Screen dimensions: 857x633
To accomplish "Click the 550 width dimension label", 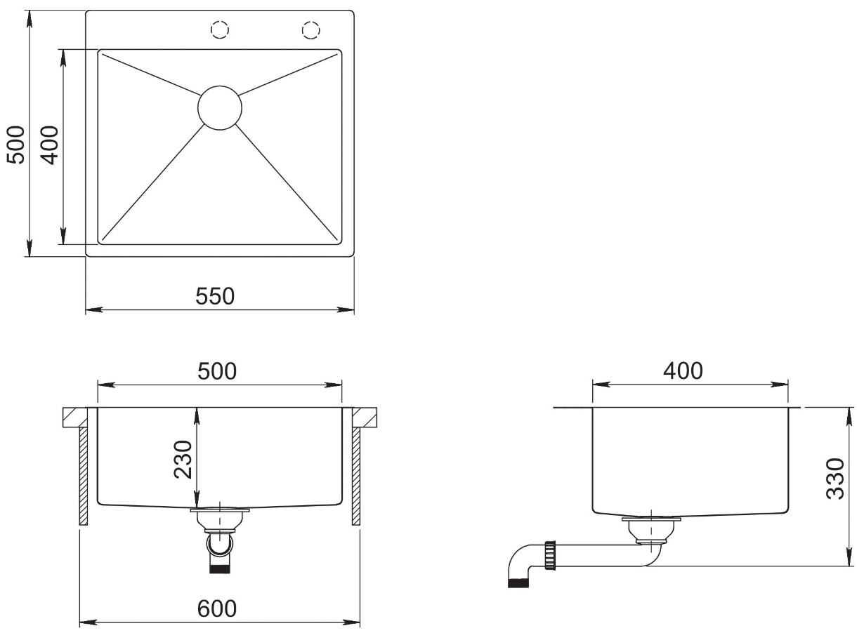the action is click(215, 296).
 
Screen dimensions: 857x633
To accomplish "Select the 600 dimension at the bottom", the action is click(217, 608).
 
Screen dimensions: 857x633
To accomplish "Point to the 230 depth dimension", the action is click(183, 460).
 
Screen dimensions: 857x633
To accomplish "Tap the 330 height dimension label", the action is click(835, 479).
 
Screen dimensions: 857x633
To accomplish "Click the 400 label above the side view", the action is click(683, 371).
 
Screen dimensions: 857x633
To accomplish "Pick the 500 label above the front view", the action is click(217, 371).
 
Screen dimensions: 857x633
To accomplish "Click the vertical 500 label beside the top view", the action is click(16, 145).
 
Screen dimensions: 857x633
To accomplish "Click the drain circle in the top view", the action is click(220, 107).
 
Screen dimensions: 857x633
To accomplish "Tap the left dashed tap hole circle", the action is click(220, 30).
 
